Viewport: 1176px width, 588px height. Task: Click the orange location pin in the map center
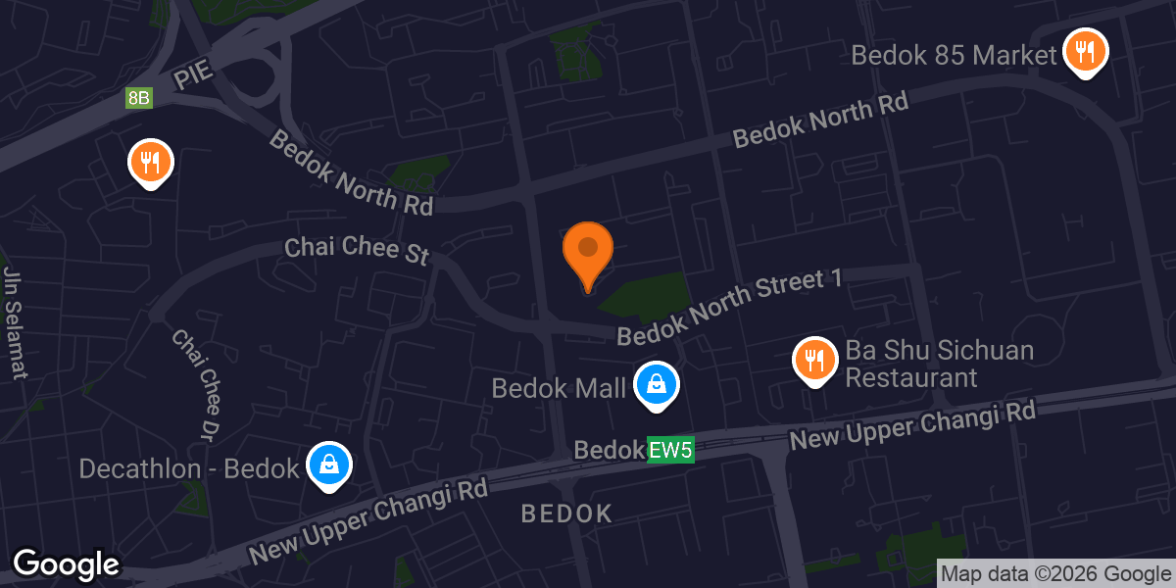coord(588,252)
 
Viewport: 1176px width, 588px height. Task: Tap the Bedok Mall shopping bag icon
coord(656,384)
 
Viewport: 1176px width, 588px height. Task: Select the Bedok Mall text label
coord(559,389)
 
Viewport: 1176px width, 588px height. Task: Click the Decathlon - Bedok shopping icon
coord(328,465)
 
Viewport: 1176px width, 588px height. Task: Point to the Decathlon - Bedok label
coord(188,468)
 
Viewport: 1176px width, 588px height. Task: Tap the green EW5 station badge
coord(671,451)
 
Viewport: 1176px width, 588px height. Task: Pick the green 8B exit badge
coord(138,98)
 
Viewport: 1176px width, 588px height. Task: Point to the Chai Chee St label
coord(357,249)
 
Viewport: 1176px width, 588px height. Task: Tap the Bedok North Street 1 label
coord(730,308)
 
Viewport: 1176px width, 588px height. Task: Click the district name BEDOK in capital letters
coord(566,513)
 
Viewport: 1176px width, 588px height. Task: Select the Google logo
coord(66,565)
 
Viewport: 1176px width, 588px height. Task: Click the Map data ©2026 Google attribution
coord(1055,574)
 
